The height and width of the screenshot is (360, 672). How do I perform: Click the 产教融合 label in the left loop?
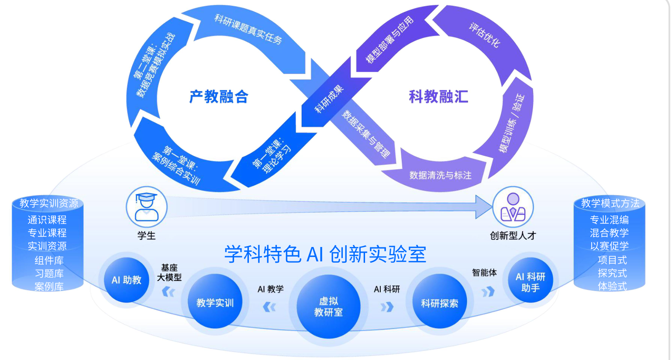[219, 96]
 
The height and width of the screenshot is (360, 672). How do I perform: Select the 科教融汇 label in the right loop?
[438, 96]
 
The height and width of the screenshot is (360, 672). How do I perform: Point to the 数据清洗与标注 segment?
[440, 175]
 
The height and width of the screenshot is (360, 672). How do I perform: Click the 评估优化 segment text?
[484, 35]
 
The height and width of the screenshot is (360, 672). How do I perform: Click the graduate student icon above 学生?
[146, 207]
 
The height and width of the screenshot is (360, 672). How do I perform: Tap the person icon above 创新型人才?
[513, 208]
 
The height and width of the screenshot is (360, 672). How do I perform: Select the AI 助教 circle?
[127, 280]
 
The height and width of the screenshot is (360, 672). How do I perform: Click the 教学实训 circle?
[215, 302]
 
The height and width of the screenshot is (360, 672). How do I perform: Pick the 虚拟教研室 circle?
[328, 306]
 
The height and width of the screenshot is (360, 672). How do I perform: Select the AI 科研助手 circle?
[530, 282]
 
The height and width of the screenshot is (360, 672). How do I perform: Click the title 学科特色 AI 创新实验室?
[325, 254]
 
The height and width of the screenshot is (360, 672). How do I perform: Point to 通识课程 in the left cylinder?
[47, 219]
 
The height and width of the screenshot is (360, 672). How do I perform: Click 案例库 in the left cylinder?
[49, 286]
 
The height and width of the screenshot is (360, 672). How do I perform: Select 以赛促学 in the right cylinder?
[609, 246]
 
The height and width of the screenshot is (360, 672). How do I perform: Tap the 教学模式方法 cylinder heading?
[610, 203]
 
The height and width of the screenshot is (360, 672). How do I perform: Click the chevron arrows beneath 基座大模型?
[169, 292]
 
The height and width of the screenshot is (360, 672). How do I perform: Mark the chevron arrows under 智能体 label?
[488, 291]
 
